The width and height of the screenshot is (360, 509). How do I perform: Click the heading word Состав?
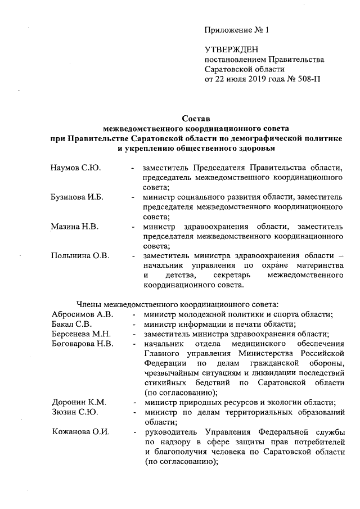[x=196, y=119]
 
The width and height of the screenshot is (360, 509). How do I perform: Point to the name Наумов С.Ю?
[x=75, y=168]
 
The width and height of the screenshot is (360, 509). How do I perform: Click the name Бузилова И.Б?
[x=78, y=197]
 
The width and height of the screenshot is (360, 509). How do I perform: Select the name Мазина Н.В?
[x=75, y=227]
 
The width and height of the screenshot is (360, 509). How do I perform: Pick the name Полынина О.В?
[x=80, y=256]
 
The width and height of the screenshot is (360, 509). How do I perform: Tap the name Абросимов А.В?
[x=82, y=314]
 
